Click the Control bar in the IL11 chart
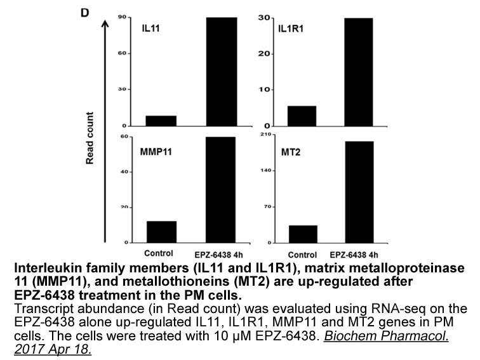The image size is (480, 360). tap(161, 121)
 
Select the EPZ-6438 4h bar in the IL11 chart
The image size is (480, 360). tap(221, 71)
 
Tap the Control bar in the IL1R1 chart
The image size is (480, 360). tap(302, 116)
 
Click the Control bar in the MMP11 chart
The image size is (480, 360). tap(161, 232)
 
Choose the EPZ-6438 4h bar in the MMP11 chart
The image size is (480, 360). tap(221, 190)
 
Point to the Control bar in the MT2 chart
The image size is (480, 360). tap(303, 234)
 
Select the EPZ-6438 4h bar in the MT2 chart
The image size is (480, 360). tap(363, 192)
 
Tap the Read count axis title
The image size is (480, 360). tap(90, 138)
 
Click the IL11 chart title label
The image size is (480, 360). tap(151, 30)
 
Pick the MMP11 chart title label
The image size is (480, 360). tap(157, 152)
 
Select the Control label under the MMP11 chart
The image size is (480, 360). tap(161, 250)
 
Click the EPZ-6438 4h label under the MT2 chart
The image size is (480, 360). tap(364, 250)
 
